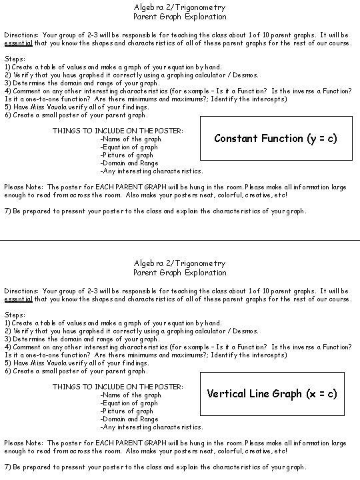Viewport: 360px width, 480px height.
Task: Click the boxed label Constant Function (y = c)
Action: [275, 139]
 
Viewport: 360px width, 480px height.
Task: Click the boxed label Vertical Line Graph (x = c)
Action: [272, 393]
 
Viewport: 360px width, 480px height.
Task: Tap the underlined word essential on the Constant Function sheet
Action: [18, 42]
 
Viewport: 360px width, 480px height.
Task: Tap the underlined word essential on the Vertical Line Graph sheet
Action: [18, 299]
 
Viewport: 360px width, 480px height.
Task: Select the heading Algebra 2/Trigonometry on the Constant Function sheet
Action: [179, 7]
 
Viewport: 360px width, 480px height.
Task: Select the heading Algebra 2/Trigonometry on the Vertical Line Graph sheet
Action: [179, 263]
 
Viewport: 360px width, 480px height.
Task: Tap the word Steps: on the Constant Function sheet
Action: [15, 59]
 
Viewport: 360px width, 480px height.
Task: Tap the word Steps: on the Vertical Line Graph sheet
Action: [15, 315]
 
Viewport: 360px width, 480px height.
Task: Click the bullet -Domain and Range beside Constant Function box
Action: [129, 163]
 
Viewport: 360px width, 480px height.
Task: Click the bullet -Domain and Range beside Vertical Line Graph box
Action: [129, 419]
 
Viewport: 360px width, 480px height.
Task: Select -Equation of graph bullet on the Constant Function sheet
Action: [129, 147]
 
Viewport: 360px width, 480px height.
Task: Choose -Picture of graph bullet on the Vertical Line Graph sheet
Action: [127, 411]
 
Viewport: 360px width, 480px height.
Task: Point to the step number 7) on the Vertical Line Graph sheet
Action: [7, 467]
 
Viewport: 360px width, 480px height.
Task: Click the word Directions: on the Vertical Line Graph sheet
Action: [21, 291]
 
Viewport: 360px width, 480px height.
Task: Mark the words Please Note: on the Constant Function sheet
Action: [24, 187]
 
